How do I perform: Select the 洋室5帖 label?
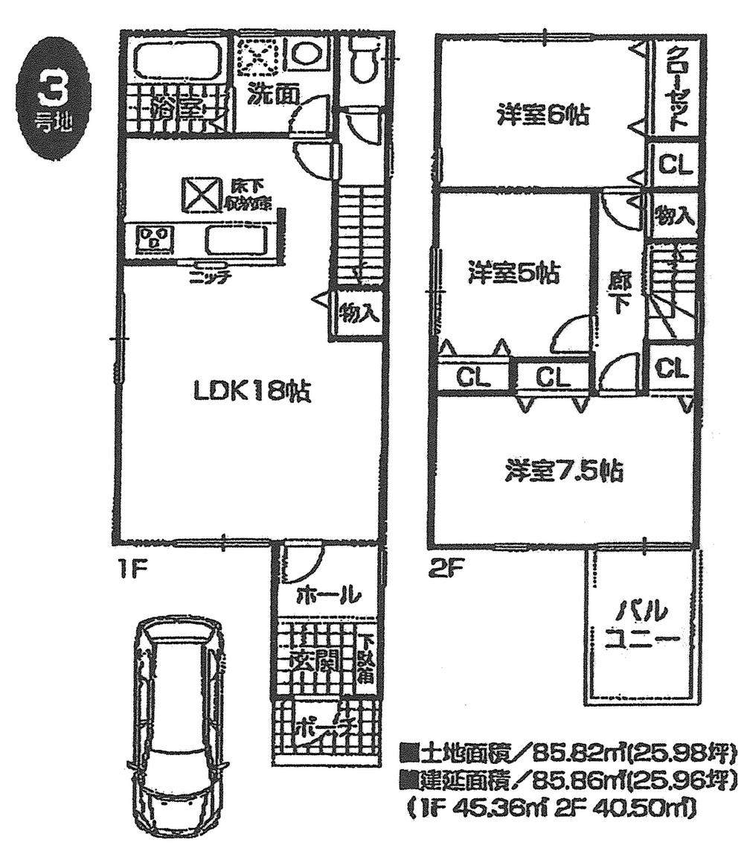click(x=514, y=273)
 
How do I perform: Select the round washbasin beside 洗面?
click(x=305, y=54)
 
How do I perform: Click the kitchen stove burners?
click(x=155, y=241)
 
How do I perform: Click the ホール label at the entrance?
click(x=328, y=595)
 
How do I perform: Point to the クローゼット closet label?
click(x=675, y=88)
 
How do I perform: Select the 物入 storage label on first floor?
click(x=359, y=313)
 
